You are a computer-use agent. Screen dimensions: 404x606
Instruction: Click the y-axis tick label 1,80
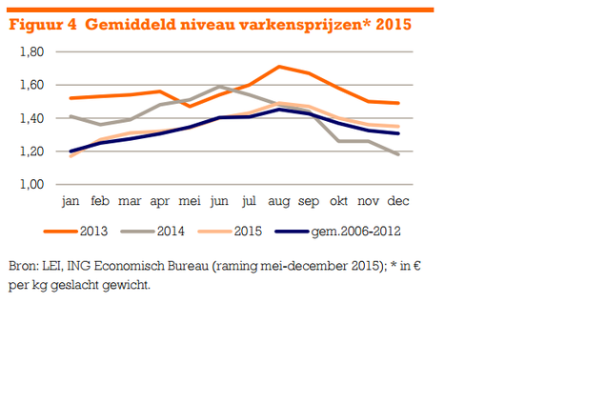point(30,51)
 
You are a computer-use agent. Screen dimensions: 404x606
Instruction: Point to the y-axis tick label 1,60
point(30,85)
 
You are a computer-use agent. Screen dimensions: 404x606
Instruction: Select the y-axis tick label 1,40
point(30,118)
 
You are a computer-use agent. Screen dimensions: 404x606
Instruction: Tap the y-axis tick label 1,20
point(30,151)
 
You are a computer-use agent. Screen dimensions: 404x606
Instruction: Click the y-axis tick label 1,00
point(30,185)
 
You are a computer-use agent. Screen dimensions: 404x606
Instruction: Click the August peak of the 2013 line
point(277,67)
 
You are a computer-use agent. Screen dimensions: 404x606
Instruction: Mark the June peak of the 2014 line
point(219,87)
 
